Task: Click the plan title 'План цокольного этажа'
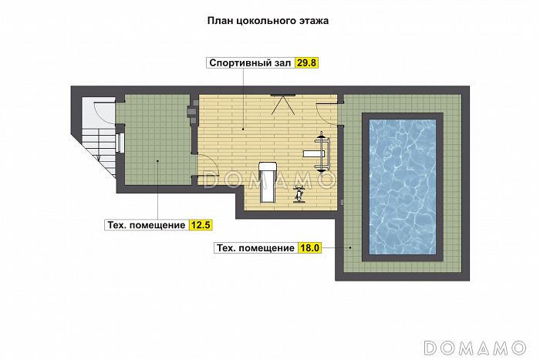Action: [268, 22]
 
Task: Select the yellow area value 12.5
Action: [201, 225]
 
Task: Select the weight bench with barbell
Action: [319, 153]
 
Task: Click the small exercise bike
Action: [299, 196]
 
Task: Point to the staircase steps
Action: [97, 143]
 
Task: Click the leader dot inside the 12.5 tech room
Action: [157, 161]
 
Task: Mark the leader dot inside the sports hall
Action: [244, 129]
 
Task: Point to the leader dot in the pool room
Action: [352, 247]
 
